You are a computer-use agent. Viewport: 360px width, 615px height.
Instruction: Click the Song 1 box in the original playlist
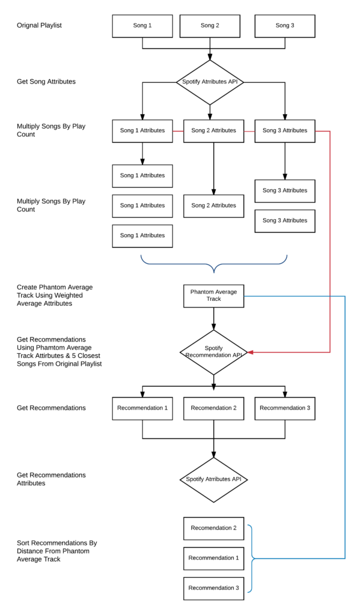tap(142, 26)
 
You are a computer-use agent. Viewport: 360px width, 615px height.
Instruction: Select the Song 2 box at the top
tap(210, 26)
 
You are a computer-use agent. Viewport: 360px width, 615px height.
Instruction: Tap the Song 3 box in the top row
tap(285, 26)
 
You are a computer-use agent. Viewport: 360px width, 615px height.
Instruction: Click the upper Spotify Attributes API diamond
tap(210, 82)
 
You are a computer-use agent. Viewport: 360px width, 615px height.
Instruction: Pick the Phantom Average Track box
tap(213, 295)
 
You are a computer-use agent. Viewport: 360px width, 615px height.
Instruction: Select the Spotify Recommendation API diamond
tap(213, 352)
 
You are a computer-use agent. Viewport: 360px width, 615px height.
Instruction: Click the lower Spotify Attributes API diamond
tap(213, 479)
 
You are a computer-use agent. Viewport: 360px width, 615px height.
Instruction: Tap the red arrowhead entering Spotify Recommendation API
tap(251, 352)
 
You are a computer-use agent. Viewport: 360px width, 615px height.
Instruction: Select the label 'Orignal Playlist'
tap(39, 25)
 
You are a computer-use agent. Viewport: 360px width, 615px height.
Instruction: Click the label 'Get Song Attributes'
tap(46, 82)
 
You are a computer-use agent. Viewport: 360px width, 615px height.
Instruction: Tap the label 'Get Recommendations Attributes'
tap(51, 479)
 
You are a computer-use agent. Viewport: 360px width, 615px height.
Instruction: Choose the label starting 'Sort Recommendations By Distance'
tap(56, 551)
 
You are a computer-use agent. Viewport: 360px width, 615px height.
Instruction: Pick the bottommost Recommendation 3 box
tap(213, 588)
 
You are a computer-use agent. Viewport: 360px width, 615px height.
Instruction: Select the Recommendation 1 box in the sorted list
tap(213, 558)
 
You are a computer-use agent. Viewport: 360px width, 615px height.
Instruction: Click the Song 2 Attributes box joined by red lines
tap(213, 130)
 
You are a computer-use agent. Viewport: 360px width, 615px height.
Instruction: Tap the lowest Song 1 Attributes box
tap(142, 235)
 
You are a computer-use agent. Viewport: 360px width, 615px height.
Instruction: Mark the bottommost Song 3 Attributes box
tap(285, 220)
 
